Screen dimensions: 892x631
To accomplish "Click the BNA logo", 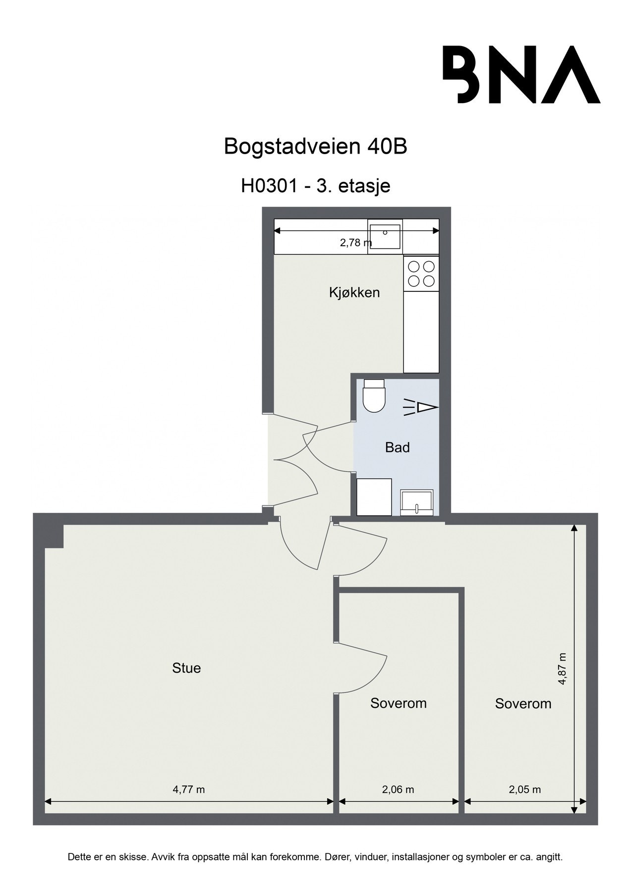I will [521, 74].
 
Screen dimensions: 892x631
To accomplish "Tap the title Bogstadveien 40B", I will [315, 147].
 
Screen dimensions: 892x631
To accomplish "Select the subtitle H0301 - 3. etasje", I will [315, 186].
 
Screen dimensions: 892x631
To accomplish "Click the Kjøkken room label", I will [354, 292].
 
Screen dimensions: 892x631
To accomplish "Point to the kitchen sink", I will [385, 237].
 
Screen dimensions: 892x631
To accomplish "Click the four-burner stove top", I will [421, 274].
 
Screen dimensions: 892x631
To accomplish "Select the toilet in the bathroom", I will [374, 395].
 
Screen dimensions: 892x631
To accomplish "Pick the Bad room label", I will [398, 448].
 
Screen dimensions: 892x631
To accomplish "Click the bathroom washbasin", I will [417, 502].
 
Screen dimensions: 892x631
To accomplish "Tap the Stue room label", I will [186, 668].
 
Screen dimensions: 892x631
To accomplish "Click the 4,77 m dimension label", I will [188, 790].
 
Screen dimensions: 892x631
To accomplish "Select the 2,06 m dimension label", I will [398, 790].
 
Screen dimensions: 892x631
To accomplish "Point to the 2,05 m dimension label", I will [525, 790].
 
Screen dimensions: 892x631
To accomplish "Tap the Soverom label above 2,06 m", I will [399, 703].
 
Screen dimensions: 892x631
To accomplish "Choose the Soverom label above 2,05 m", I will [523, 704].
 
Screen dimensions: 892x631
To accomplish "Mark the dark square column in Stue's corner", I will [55, 537].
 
